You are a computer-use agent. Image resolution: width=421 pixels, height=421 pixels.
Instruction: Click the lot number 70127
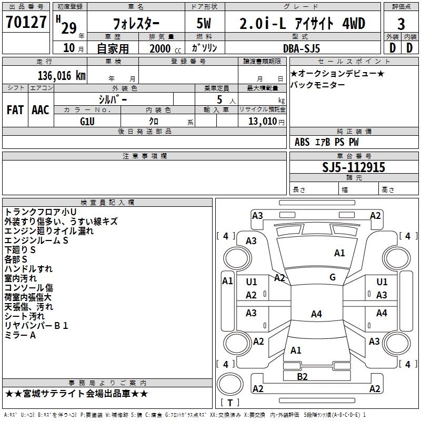tap(26, 23)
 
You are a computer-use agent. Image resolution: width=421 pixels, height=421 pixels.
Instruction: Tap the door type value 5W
tap(204, 24)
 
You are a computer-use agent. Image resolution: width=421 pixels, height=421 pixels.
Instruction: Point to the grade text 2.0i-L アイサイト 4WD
tap(302, 24)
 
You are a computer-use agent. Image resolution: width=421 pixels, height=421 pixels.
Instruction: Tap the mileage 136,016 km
tap(61, 75)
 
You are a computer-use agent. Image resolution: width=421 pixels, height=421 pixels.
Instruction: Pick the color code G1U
tap(87, 121)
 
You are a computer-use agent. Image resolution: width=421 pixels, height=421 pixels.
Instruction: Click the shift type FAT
tap(15, 109)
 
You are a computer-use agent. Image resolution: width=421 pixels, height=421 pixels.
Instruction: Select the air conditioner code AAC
tap(40, 109)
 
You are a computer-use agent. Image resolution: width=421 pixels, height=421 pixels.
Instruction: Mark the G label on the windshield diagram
tap(333, 277)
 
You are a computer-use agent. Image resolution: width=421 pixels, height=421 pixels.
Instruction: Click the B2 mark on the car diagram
tap(302, 376)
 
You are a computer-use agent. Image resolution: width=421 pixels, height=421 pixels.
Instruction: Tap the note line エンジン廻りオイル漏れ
tap(49, 231)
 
